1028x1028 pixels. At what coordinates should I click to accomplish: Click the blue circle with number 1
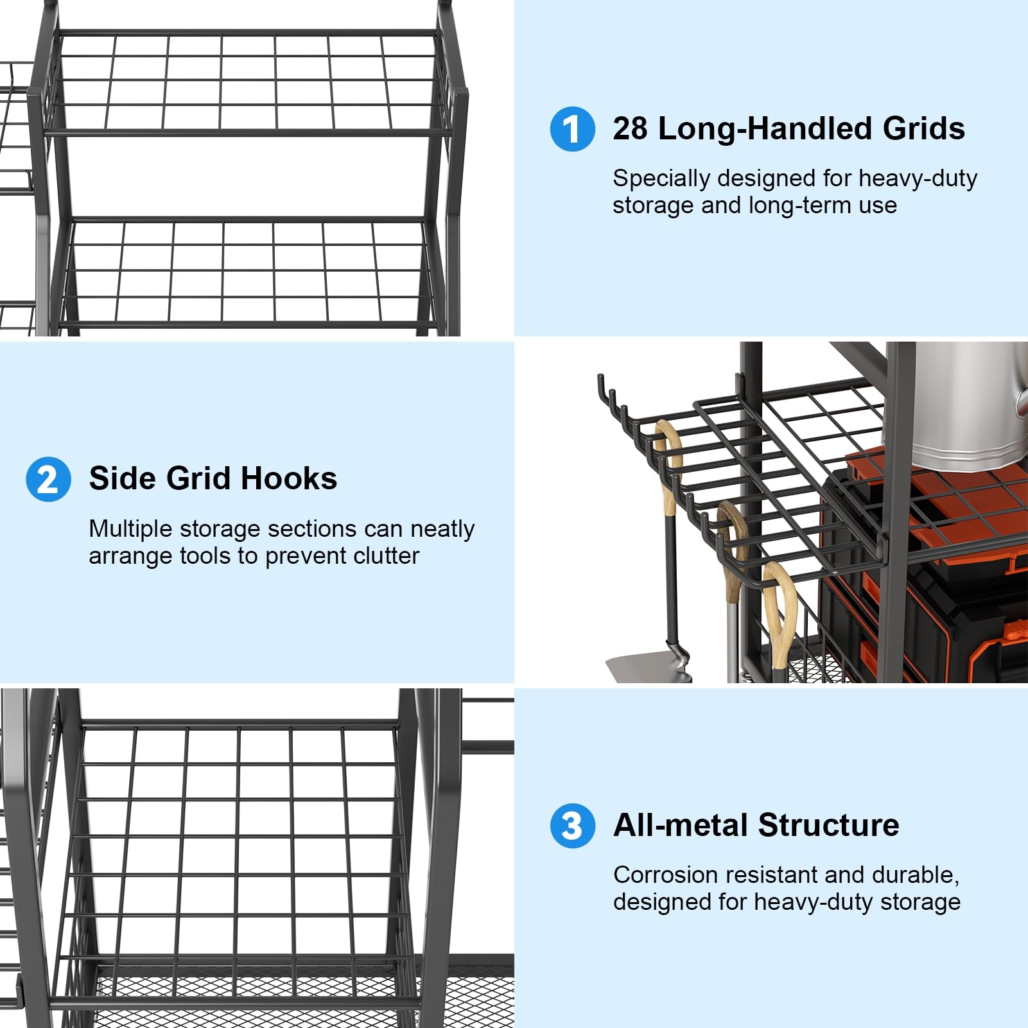coord(573,129)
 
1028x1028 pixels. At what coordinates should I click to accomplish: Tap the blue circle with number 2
coord(49,479)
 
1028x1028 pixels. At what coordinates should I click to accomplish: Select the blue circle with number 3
coord(573,826)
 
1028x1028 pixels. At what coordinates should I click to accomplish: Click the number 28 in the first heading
coord(630,128)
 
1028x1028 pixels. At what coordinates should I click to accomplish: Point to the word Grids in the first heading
coord(924,128)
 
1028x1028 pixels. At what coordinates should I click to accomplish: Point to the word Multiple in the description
coord(131,530)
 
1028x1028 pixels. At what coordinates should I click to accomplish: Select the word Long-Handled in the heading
coord(765,128)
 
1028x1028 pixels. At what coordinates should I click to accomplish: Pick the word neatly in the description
coord(442,530)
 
